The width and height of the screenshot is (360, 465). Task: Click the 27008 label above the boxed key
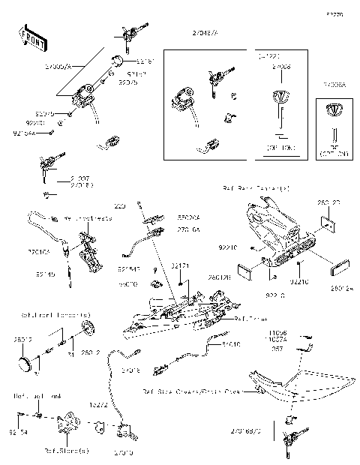tap(281, 67)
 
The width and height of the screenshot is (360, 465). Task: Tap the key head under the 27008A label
tap(334, 109)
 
